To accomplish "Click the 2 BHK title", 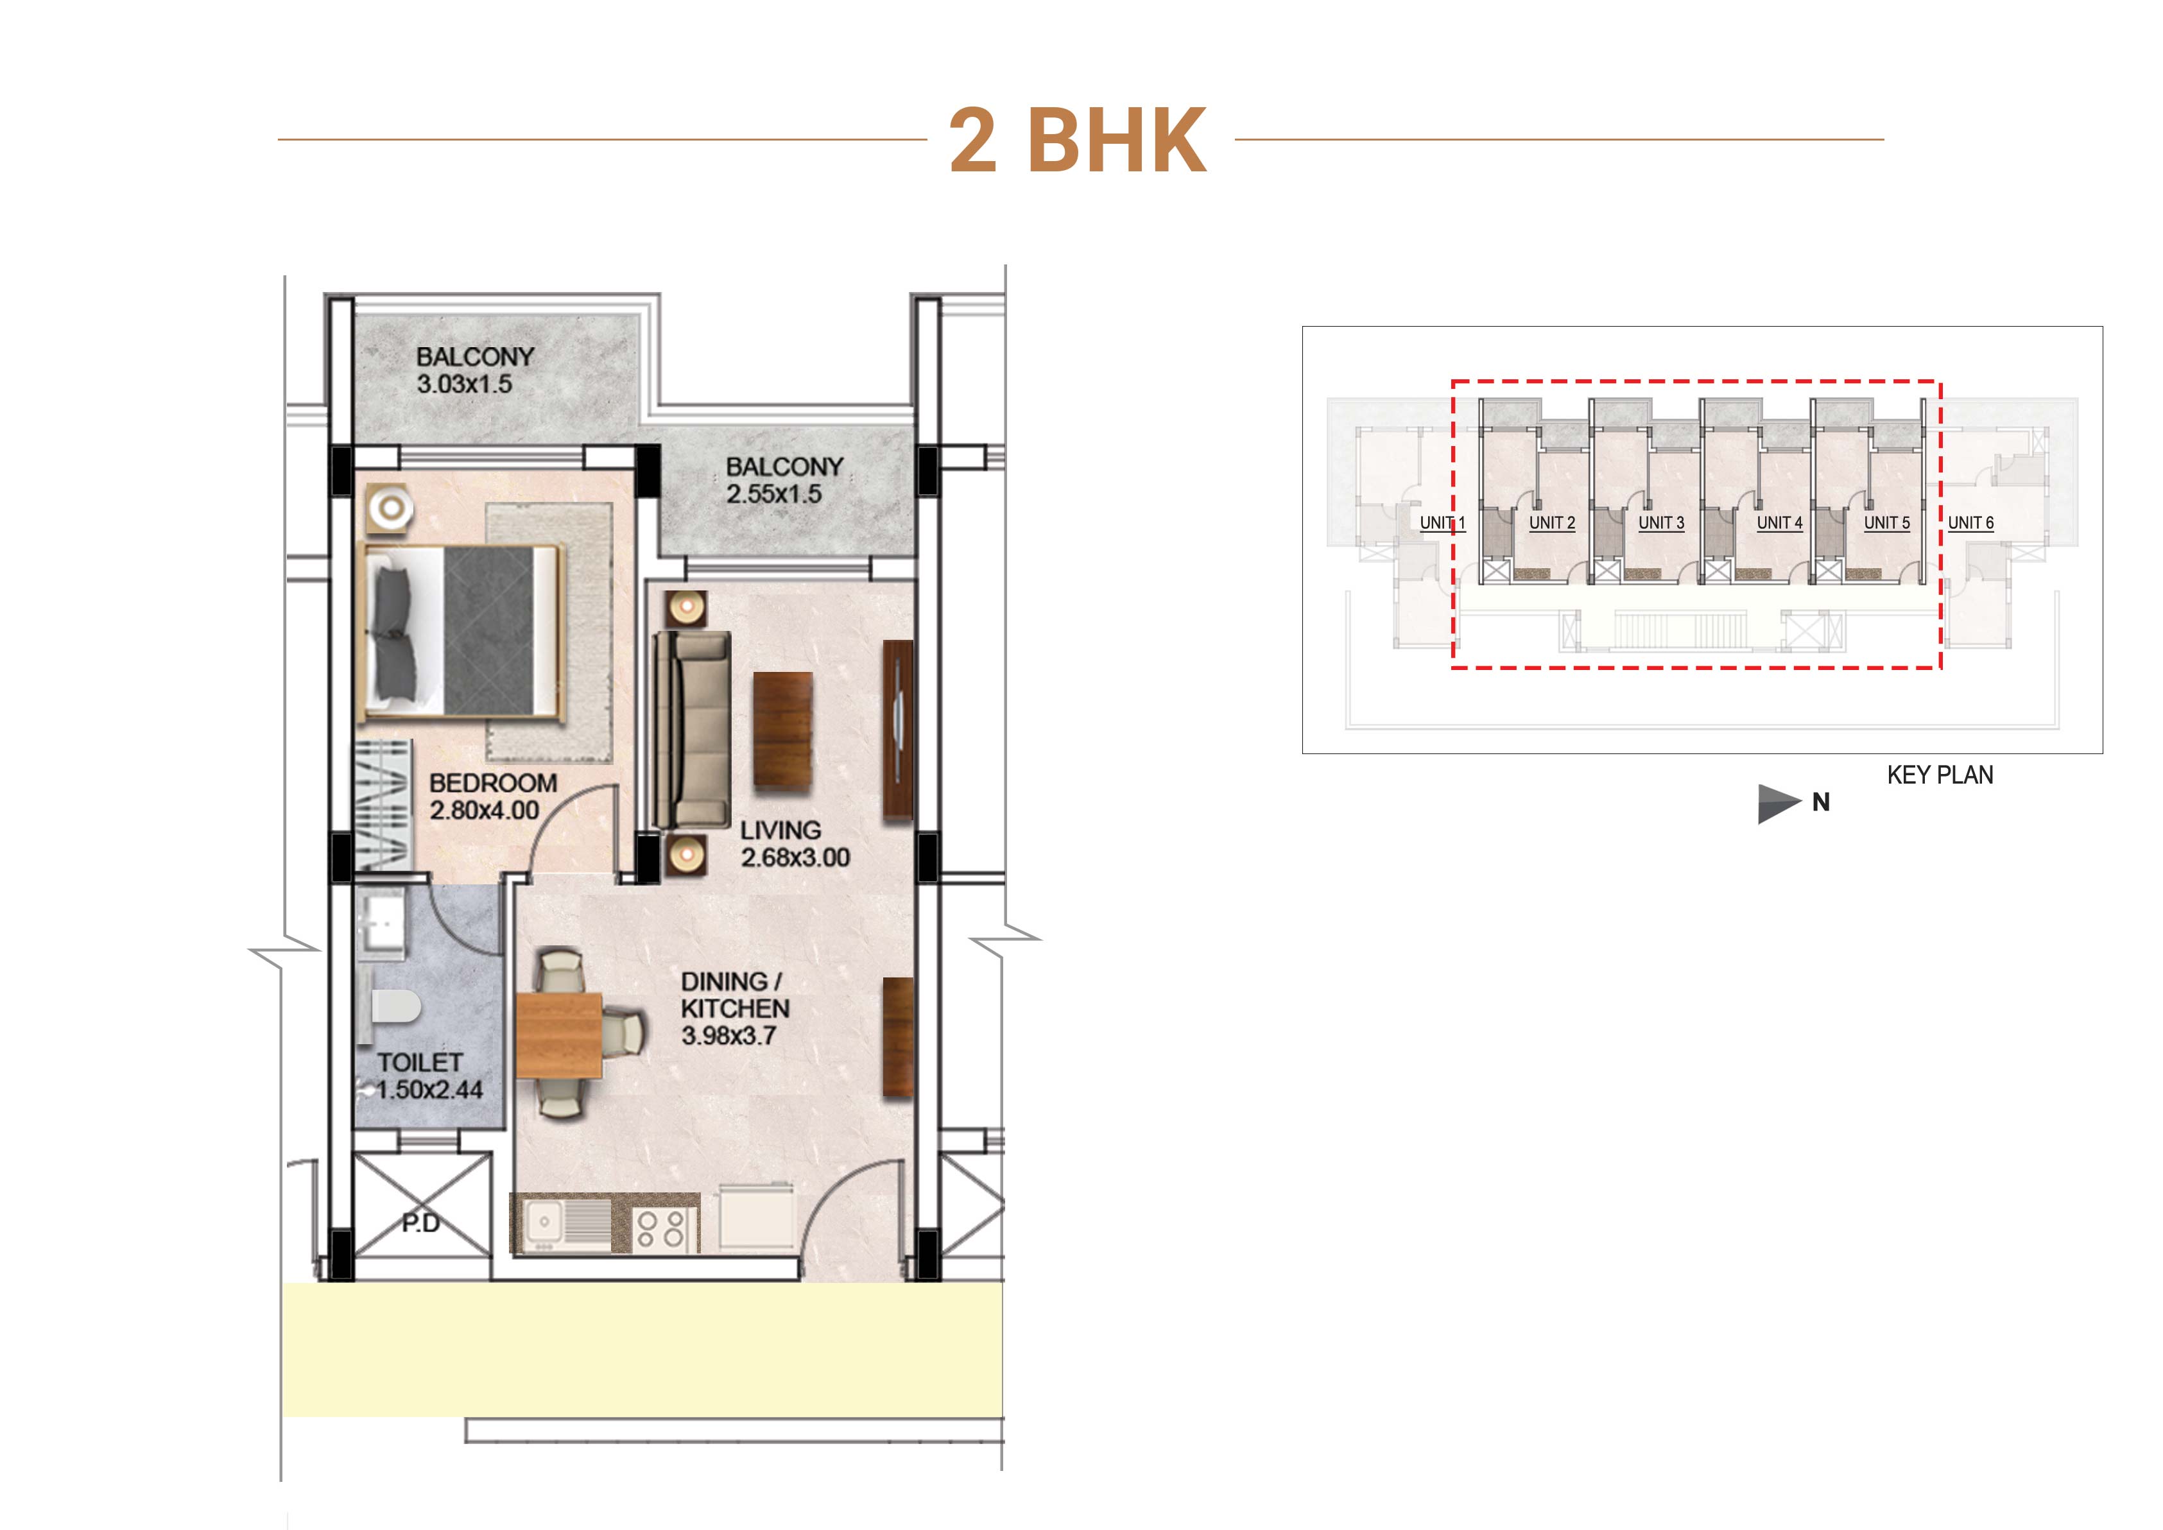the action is [x=1078, y=141].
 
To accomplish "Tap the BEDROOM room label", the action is [x=493, y=783].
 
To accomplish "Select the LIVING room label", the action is [x=780, y=830].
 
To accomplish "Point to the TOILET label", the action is [x=419, y=1062].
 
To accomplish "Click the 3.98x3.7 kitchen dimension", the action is [x=728, y=1035].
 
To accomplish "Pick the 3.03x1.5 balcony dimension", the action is [x=465, y=383].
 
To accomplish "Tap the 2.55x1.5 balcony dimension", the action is [x=773, y=494].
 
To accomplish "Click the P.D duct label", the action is [x=420, y=1223].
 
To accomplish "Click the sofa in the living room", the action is [x=693, y=730].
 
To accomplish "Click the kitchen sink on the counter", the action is [x=544, y=1223].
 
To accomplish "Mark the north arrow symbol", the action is [x=1779, y=804].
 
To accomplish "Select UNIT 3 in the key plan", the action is [x=1661, y=523].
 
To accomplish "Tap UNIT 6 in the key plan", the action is [x=1971, y=523].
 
